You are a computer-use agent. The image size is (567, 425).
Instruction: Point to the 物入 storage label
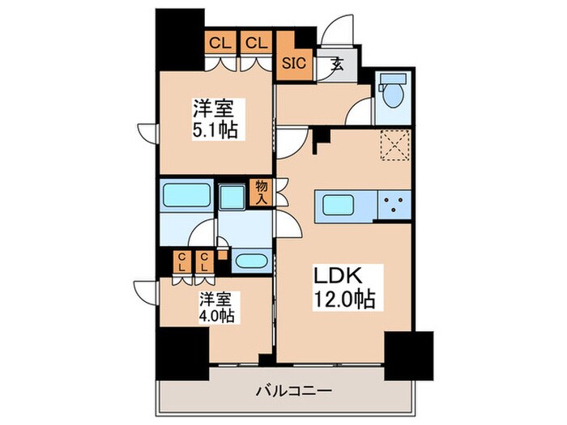coord(261,192)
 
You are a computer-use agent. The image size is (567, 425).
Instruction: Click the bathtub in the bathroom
coord(185,195)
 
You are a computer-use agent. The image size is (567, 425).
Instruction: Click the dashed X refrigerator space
coord(394,146)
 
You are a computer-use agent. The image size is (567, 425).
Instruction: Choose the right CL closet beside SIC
coord(256,43)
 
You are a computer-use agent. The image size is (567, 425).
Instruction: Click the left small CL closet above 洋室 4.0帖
coord(185,261)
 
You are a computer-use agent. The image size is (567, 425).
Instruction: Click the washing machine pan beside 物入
coord(233,197)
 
